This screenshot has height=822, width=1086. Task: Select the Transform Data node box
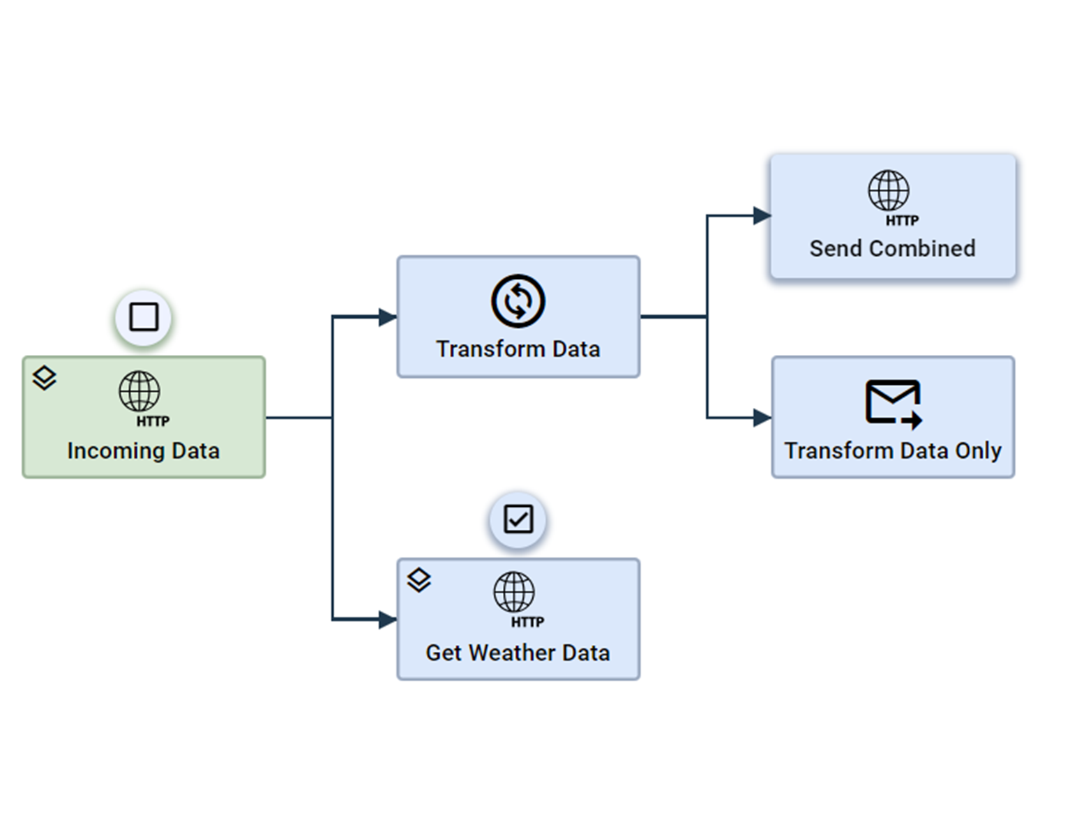click(x=518, y=317)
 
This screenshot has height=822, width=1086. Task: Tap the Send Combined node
click(x=892, y=216)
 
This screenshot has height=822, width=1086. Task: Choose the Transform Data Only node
click(x=892, y=417)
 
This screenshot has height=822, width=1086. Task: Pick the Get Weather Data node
click(x=518, y=618)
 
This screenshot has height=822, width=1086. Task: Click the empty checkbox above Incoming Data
click(x=144, y=317)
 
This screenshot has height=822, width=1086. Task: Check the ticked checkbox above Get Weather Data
click(x=518, y=519)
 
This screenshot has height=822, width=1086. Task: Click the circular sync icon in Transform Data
click(x=518, y=301)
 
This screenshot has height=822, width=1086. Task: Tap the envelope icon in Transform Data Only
click(x=892, y=402)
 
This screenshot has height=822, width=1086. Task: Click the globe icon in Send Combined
click(x=888, y=190)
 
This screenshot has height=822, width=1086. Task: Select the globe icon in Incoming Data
click(x=139, y=391)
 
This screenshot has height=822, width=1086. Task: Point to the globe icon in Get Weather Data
click(x=513, y=592)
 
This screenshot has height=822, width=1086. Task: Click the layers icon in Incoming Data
click(x=45, y=377)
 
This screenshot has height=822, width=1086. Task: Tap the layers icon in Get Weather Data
click(x=418, y=579)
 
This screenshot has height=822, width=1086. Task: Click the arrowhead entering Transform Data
click(x=387, y=317)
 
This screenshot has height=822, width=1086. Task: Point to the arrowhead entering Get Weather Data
click(x=387, y=618)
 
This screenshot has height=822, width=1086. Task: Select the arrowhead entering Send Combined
click(x=762, y=216)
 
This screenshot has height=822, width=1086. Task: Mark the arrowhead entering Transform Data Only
click(x=762, y=418)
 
